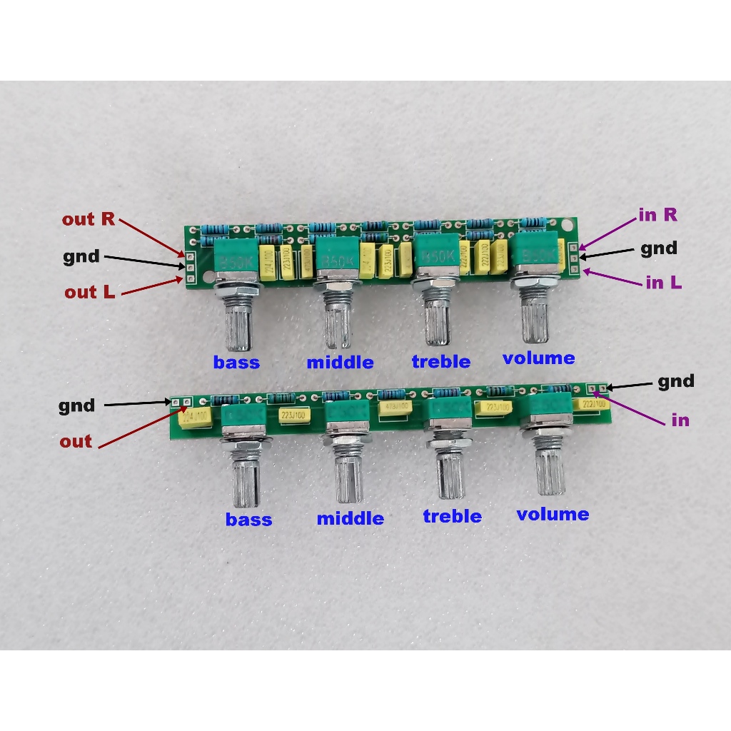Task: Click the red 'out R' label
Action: point(88,219)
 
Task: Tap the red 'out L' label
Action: point(90,292)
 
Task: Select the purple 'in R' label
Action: point(657,214)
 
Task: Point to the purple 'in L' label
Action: point(664,283)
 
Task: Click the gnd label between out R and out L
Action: point(81,256)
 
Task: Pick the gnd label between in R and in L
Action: point(658,248)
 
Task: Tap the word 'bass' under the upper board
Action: point(236,363)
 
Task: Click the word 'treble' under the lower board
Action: point(452,516)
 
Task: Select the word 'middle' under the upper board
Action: point(340,363)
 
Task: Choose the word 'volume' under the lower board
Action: point(553,514)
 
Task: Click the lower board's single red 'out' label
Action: point(76,441)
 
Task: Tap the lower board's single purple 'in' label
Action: point(680,420)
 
